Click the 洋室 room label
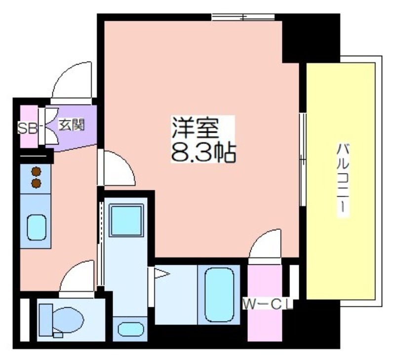[x=195, y=128]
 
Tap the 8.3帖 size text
[x=203, y=152]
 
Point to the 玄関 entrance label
[x=72, y=125]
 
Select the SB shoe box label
[x=27, y=128]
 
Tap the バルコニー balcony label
[x=343, y=179]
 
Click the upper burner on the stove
[x=36, y=171]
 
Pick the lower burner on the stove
[x=36, y=183]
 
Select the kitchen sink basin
[x=37, y=227]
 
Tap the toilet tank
[x=46, y=320]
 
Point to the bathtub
[x=219, y=294]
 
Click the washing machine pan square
[x=126, y=220]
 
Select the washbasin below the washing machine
[x=131, y=329]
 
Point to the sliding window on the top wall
[x=243, y=17]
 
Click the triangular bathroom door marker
[x=160, y=274]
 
